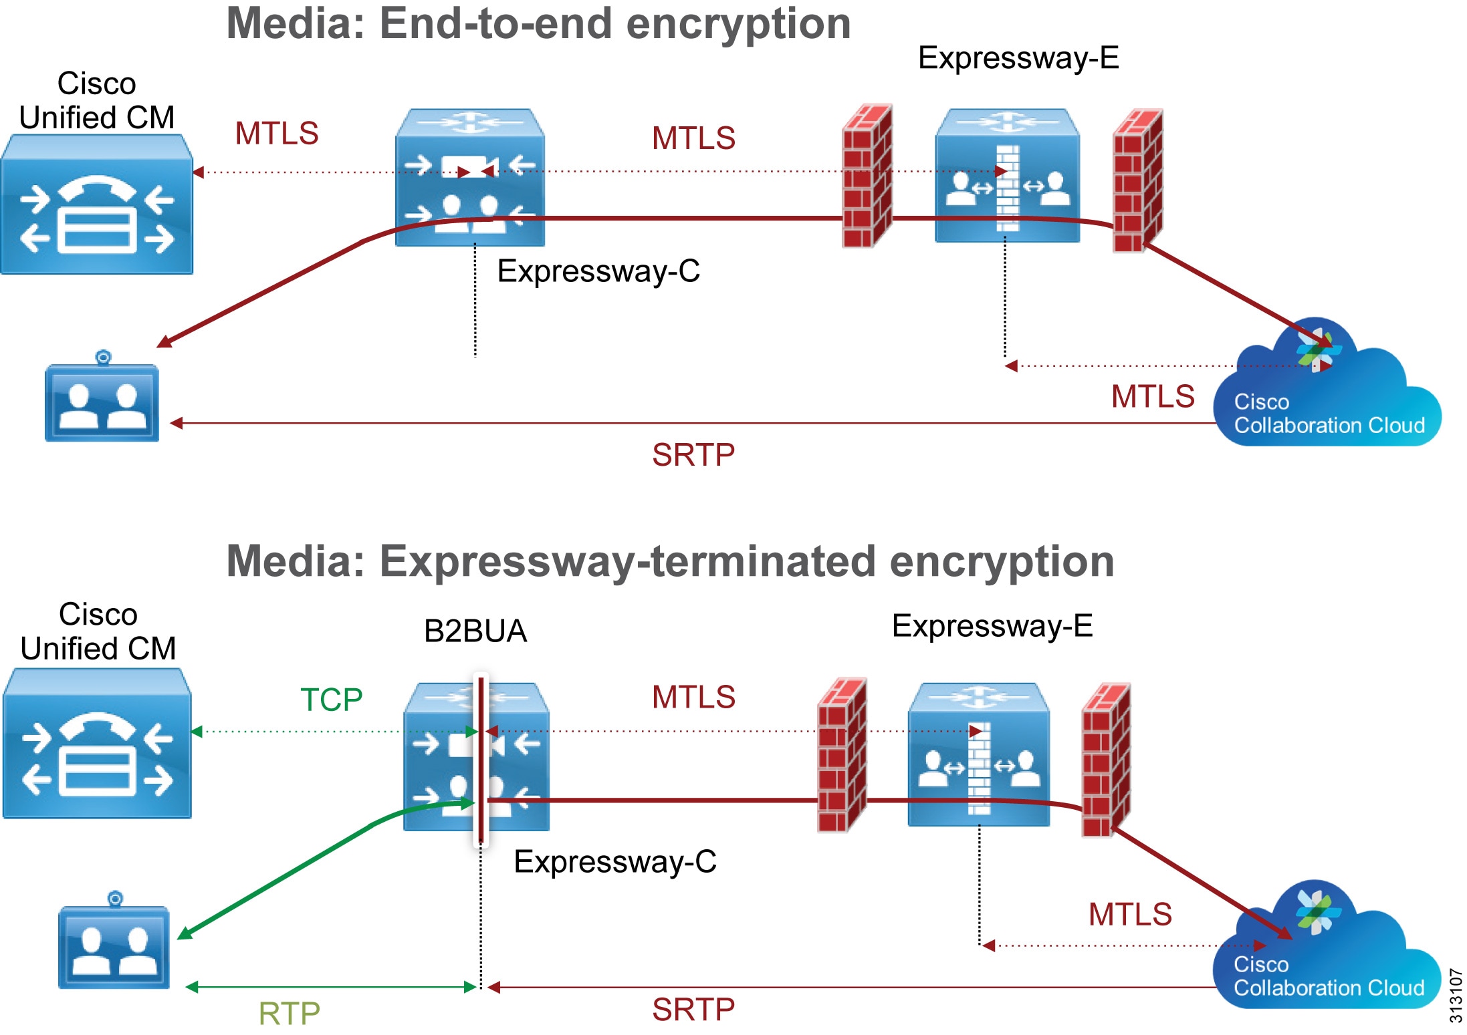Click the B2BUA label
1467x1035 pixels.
475,631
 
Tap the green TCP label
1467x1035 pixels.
331,700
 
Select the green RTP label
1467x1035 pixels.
289,1013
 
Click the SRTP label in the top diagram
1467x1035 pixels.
693,455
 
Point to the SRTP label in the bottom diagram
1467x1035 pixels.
693,1010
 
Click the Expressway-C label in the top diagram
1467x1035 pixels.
598,271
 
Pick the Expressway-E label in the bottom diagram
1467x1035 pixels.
992,626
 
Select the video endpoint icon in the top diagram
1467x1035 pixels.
102,401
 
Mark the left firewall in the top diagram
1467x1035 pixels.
867,176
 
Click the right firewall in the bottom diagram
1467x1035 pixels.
1106,760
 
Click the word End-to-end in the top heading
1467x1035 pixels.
495,24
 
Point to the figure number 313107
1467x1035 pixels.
1456,995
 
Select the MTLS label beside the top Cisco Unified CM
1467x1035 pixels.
276,134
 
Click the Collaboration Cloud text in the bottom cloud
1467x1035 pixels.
1329,988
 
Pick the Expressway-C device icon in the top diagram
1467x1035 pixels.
470,178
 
